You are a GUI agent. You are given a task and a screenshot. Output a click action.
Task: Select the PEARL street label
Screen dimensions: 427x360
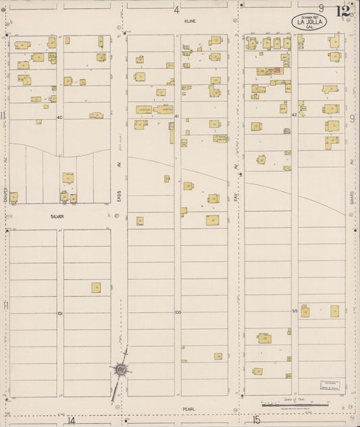(188, 409)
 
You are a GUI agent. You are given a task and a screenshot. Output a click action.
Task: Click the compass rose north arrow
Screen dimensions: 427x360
(120, 370)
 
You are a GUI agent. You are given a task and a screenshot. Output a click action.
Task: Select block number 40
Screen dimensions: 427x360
(59, 118)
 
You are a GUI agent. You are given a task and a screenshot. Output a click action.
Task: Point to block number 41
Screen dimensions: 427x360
(176, 117)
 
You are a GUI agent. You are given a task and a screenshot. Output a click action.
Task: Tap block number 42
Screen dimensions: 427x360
(294, 116)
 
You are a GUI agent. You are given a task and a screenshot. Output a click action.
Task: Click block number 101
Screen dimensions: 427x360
(59, 313)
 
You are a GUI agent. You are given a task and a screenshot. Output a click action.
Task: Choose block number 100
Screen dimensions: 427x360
(177, 312)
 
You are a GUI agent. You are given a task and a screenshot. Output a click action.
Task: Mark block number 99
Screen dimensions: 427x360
(294, 310)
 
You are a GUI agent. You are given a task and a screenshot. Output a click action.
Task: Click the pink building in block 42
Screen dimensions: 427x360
(276, 70)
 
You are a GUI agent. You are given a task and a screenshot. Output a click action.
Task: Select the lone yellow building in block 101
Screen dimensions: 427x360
(96, 287)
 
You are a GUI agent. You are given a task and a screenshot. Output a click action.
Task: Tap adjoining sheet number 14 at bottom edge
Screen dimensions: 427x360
(72, 420)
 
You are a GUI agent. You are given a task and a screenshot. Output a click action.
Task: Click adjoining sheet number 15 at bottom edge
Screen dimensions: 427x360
(257, 420)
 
